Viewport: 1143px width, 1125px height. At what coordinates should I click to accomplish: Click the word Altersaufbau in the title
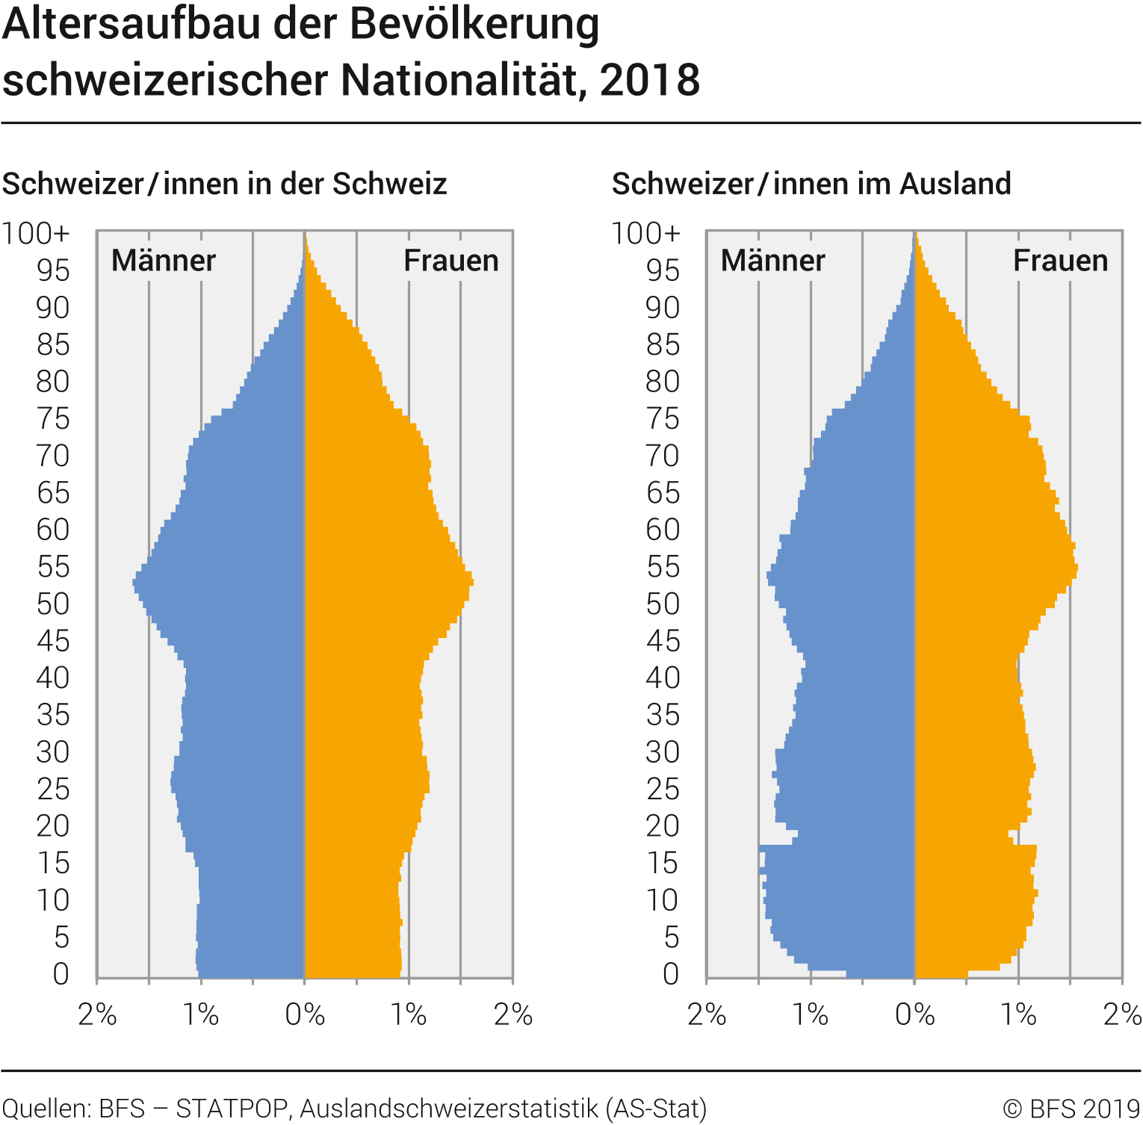[134, 25]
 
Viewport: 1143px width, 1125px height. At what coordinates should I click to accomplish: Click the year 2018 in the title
[649, 81]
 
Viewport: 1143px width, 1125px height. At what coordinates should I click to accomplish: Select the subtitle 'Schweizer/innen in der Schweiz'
[224, 184]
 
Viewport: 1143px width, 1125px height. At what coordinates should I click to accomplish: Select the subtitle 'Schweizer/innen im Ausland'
[811, 184]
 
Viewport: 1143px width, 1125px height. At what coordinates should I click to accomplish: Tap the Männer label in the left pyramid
[163, 261]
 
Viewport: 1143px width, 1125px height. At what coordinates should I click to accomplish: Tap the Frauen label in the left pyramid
[450, 261]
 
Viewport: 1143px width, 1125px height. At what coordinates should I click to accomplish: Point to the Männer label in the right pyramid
[772, 261]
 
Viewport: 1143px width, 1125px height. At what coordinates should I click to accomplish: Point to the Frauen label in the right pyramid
[1060, 261]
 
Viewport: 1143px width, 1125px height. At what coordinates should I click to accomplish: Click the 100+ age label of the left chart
[36, 234]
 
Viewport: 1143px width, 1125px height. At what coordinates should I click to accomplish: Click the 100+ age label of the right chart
[646, 234]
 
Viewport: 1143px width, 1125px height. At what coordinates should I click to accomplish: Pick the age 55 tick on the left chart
[54, 567]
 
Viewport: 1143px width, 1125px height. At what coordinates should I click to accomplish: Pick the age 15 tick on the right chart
[663, 864]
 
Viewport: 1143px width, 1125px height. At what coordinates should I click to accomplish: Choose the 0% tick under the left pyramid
[305, 1015]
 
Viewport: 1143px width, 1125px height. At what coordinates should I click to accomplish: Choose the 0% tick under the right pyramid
[914, 1015]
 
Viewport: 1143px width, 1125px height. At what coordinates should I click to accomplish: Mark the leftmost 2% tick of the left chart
[97, 1015]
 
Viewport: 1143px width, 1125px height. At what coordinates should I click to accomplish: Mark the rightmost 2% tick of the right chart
[1122, 1015]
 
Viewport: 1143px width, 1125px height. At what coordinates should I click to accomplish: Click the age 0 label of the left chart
[61, 974]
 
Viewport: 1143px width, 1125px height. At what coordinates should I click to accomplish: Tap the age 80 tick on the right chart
[663, 382]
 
